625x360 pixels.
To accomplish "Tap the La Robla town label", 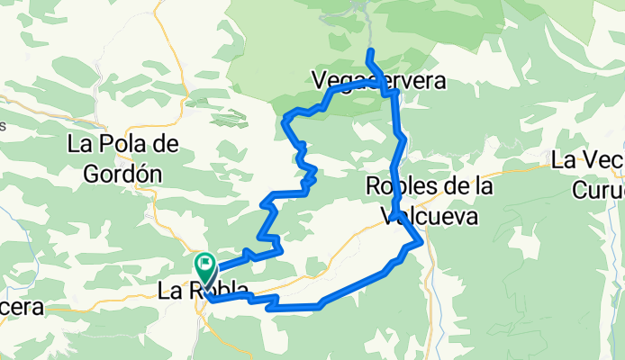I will [204, 292].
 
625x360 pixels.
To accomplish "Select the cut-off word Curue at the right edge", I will [599, 191].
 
